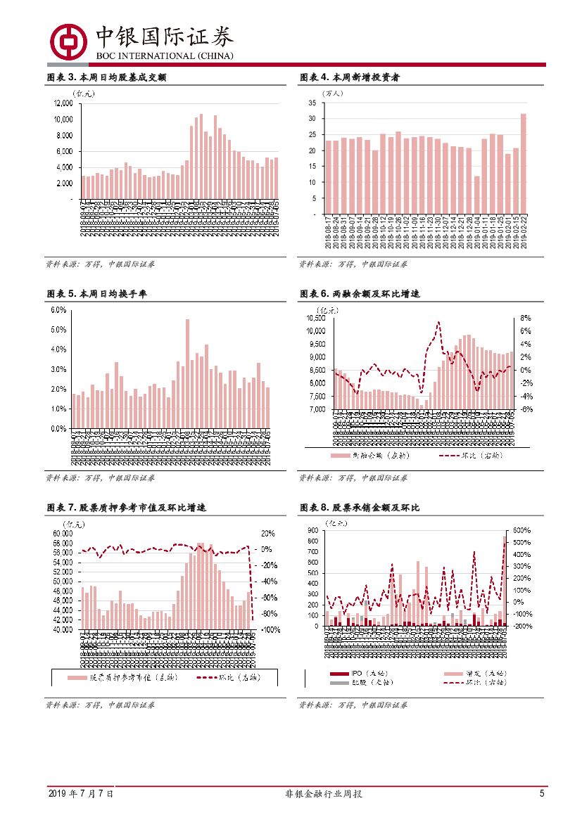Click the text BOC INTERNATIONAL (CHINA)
(x=164, y=56)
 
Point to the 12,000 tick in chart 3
(x=63, y=103)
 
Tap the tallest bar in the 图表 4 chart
(x=523, y=164)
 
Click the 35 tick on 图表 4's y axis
(x=311, y=103)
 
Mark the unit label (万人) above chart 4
(x=332, y=92)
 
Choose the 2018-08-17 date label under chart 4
(x=329, y=232)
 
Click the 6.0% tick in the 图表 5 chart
(x=58, y=310)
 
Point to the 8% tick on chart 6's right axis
(x=525, y=318)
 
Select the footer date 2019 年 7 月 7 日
(x=80, y=793)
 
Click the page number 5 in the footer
(x=542, y=793)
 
